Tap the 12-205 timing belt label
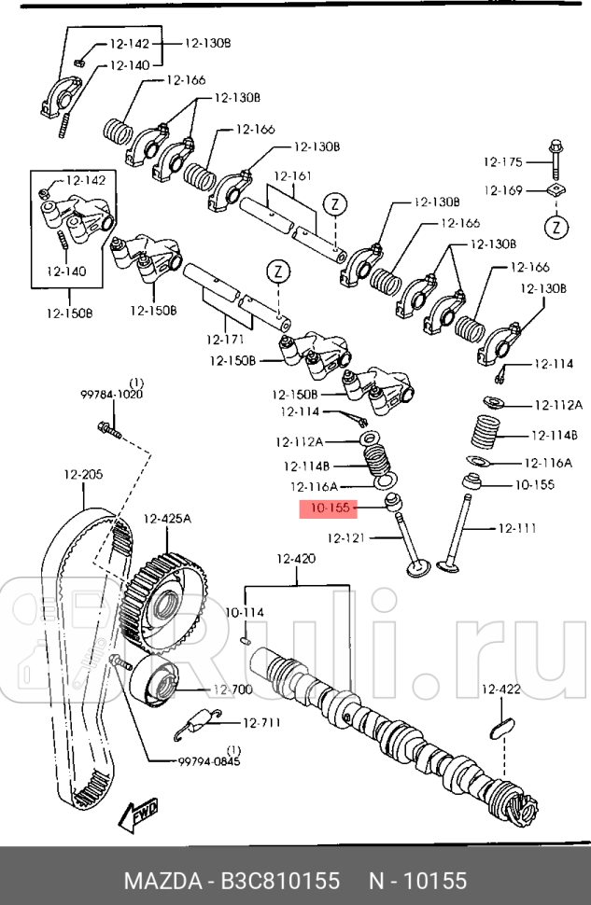(x=83, y=475)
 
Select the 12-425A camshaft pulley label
(x=167, y=519)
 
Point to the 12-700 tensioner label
(x=232, y=689)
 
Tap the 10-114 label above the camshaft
(x=245, y=612)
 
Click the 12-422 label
(x=500, y=689)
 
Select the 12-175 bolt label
(x=503, y=161)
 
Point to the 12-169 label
(x=503, y=190)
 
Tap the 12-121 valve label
(x=346, y=537)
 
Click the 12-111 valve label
(x=516, y=529)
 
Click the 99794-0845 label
(x=209, y=760)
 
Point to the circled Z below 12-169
(x=556, y=227)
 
